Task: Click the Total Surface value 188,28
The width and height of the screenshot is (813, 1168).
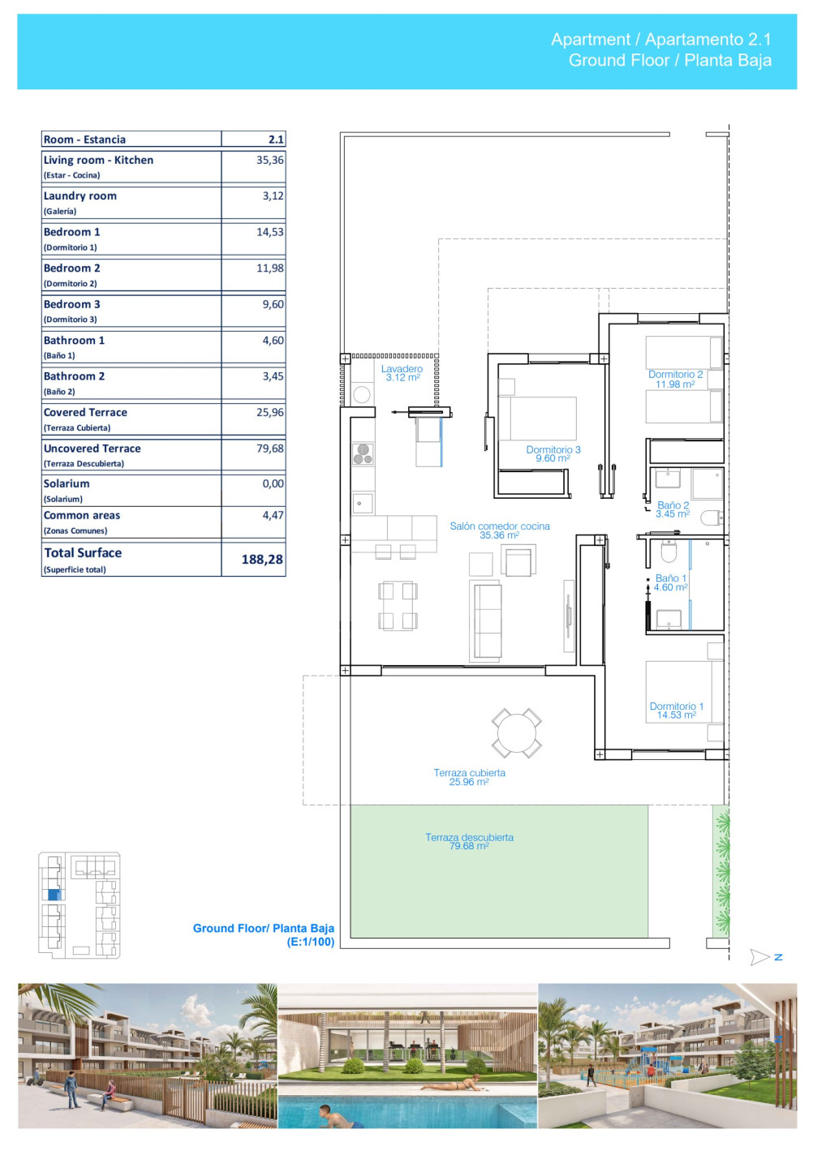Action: pyautogui.click(x=262, y=559)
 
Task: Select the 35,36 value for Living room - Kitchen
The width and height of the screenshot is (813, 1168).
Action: pyautogui.click(x=269, y=160)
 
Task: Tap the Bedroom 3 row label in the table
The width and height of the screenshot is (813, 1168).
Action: pyautogui.click(x=72, y=304)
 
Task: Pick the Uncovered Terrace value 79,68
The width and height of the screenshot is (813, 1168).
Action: pyautogui.click(x=269, y=449)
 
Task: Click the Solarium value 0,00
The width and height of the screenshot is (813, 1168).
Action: pyautogui.click(x=273, y=483)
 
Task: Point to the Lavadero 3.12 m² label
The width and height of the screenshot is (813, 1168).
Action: pyautogui.click(x=402, y=373)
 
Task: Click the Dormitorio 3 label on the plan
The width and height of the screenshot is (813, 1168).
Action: pyautogui.click(x=553, y=453)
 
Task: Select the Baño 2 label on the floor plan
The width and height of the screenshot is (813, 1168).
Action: pyautogui.click(x=673, y=509)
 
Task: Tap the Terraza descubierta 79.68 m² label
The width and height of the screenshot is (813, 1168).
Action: pyautogui.click(x=469, y=841)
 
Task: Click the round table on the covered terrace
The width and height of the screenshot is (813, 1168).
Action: pyautogui.click(x=516, y=732)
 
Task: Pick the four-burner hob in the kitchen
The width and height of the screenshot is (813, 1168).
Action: pyautogui.click(x=363, y=453)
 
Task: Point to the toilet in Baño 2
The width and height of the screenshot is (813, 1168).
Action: pyautogui.click(x=712, y=517)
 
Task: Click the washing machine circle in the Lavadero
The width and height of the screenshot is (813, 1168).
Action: pyautogui.click(x=361, y=394)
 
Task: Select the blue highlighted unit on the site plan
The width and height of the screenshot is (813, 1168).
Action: pyautogui.click(x=54, y=895)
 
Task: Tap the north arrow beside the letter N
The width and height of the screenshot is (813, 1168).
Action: pyautogui.click(x=759, y=957)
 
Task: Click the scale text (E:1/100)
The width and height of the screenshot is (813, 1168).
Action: pyautogui.click(x=310, y=942)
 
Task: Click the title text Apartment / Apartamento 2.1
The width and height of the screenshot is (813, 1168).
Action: pyautogui.click(x=660, y=39)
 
